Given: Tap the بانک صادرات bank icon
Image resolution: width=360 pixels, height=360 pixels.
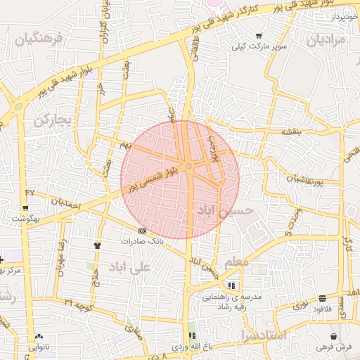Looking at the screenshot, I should [143, 231].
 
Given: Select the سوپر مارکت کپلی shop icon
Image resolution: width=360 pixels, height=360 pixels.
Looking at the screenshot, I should [259, 37].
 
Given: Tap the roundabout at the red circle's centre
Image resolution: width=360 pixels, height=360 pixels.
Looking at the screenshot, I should [189, 166].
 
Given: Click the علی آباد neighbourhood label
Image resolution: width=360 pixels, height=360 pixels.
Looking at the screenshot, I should [131, 267].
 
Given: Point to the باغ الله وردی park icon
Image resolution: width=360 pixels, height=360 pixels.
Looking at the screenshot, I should [191, 335].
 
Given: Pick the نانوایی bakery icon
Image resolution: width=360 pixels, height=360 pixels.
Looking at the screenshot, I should [38, 336].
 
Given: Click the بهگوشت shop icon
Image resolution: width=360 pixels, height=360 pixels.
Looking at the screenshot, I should [25, 207].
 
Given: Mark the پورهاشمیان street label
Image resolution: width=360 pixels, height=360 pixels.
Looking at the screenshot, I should [304, 179].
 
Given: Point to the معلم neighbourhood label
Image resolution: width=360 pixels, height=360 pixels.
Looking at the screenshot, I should [236, 262].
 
